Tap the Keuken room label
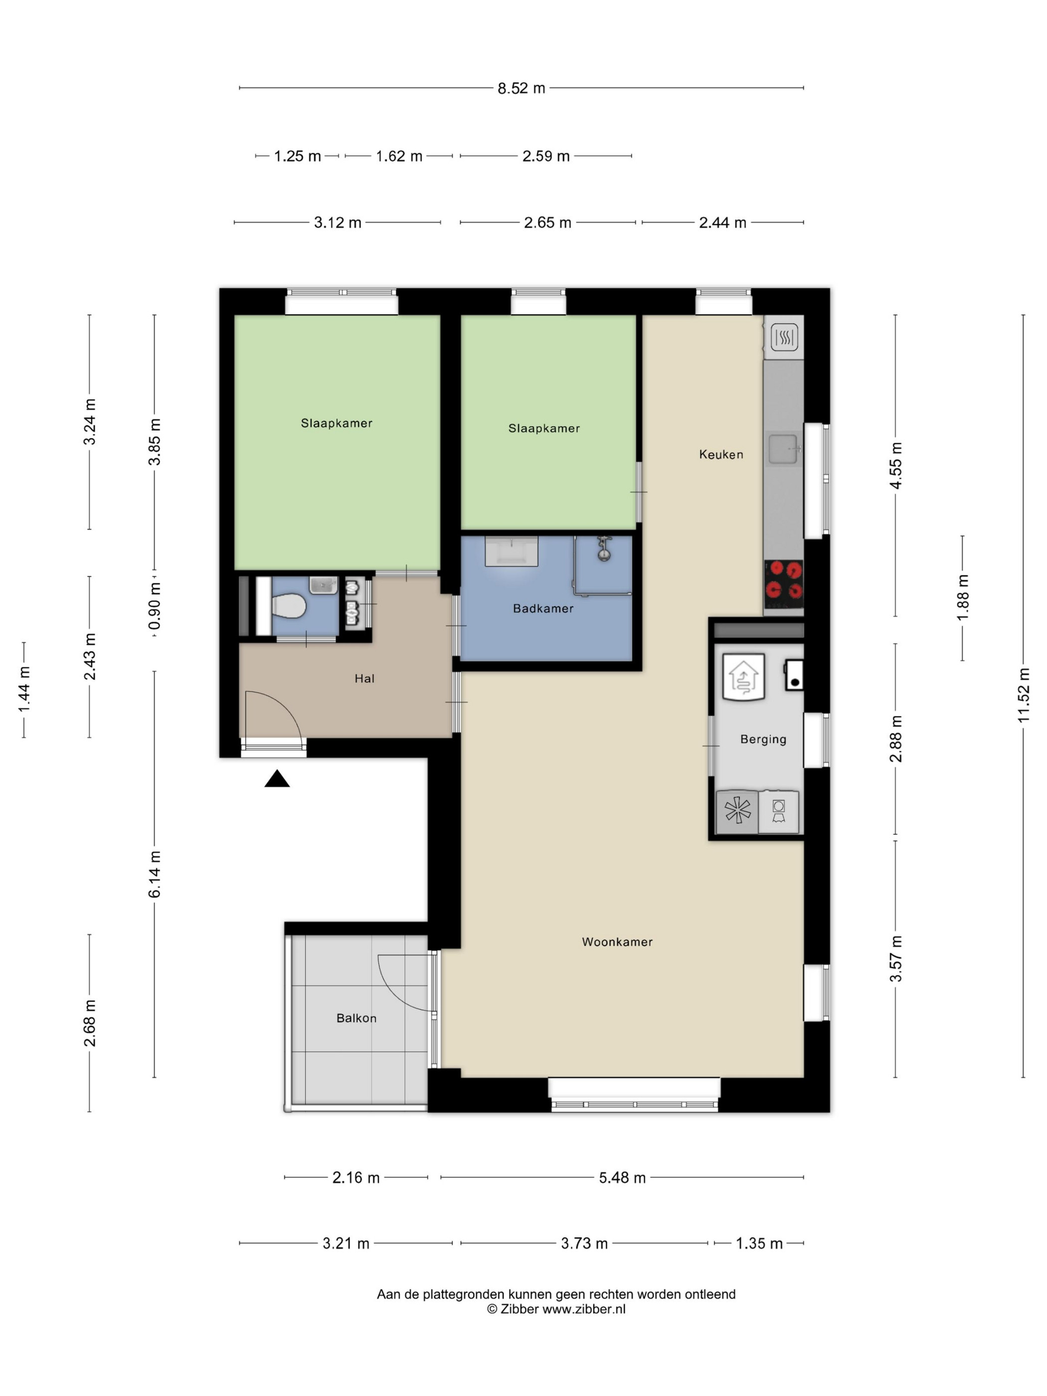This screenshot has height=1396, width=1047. [721, 454]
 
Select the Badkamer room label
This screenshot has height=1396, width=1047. [543, 608]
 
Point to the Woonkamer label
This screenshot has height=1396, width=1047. [617, 942]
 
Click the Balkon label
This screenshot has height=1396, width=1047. [356, 1018]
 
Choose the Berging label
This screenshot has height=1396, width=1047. [763, 739]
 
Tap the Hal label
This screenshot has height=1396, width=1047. [364, 679]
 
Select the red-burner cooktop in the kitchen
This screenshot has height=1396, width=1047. [783, 581]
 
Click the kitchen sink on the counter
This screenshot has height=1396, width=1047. [783, 449]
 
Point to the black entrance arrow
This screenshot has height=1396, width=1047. [276, 779]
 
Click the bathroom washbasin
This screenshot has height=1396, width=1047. [511, 551]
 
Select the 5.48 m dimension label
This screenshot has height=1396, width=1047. [622, 1178]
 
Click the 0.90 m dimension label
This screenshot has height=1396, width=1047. [155, 606]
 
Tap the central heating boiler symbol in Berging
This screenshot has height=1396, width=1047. [743, 677]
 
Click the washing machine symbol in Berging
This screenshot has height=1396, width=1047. [778, 812]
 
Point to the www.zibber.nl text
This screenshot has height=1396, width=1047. [584, 1309]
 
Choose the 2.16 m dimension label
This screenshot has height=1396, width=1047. [356, 1178]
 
